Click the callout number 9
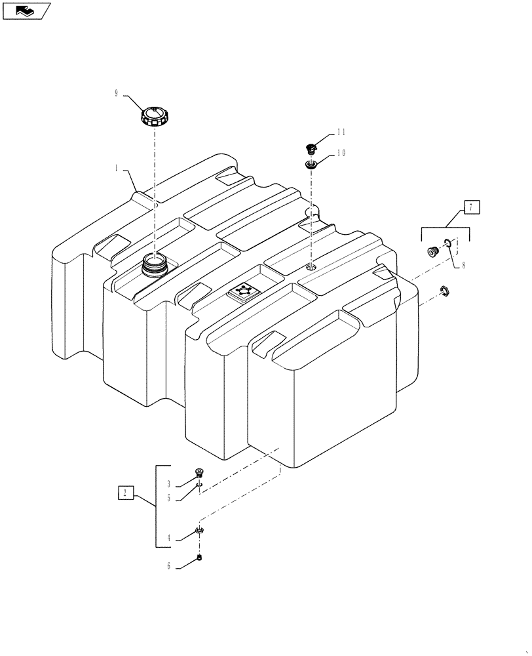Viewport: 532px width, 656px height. pos(117,94)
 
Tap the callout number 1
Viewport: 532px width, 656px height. pos(117,169)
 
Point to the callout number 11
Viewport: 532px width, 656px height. pos(341,132)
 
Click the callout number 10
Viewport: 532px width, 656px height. pos(341,153)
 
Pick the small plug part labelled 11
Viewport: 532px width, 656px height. pos(312,148)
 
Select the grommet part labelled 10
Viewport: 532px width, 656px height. pos(311,163)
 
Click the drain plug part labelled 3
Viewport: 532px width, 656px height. pos(199,473)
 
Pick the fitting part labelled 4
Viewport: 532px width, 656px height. pos(200,531)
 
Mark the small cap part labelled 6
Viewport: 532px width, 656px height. pos(200,558)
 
